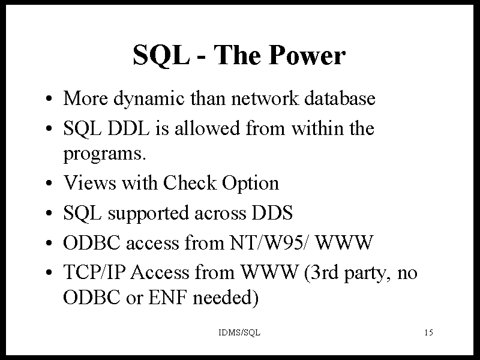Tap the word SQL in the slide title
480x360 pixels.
(161, 56)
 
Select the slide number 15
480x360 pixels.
(428, 332)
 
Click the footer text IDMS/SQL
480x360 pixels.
(239, 332)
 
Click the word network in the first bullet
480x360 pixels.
(265, 98)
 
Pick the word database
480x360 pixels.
(340, 98)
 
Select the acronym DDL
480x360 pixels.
(128, 128)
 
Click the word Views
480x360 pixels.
(89, 183)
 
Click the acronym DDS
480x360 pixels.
(272, 213)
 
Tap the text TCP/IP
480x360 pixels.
(94, 272)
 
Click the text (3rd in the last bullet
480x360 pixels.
(322, 272)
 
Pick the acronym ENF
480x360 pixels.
(167, 297)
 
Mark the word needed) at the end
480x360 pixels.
(226, 298)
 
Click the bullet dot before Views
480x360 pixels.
(49, 184)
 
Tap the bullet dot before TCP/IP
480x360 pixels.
(49, 272)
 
